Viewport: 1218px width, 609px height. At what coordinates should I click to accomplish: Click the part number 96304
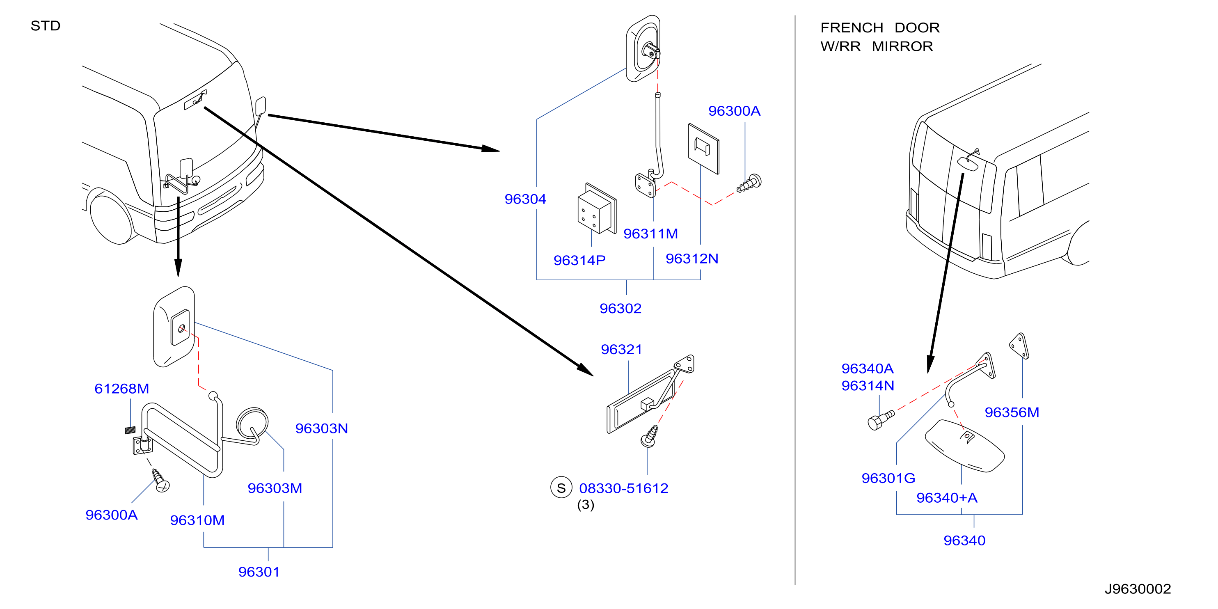pyautogui.click(x=525, y=199)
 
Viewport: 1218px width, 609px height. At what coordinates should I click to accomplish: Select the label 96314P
pyautogui.click(x=579, y=260)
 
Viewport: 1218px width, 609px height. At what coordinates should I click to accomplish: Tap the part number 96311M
pyautogui.click(x=650, y=234)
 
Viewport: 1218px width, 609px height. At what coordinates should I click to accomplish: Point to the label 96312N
pyautogui.click(x=692, y=259)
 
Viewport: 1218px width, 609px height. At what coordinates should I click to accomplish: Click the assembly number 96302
pyautogui.click(x=620, y=308)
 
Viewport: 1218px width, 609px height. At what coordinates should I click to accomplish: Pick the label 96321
pyautogui.click(x=621, y=349)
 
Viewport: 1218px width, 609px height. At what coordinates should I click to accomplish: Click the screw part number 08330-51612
pyautogui.click(x=624, y=488)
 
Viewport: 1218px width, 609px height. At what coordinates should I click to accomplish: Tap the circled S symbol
pyautogui.click(x=561, y=488)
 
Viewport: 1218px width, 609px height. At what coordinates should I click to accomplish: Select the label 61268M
pyautogui.click(x=121, y=389)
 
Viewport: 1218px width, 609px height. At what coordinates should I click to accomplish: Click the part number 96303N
pyautogui.click(x=321, y=428)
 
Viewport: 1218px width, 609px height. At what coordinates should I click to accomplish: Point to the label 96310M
pyautogui.click(x=197, y=520)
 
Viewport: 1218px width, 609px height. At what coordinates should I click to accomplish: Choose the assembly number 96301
pyautogui.click(x=259, y=572)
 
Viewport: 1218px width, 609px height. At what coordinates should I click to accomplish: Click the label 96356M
pyautogui.click(x=1012, y=412)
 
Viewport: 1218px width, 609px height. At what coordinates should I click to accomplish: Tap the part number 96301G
pyautogui.click(x=888, y=478)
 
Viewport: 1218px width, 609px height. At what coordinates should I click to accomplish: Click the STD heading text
pyautogui.click(x=46, y=26)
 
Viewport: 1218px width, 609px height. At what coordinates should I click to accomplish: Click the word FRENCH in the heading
pyautogui.click(x=852, y=28)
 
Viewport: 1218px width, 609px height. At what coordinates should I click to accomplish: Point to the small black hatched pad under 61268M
pyautogui.click(x=130, y=430)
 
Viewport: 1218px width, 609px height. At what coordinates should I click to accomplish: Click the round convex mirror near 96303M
pyautogui.click(x=252, y=423)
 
